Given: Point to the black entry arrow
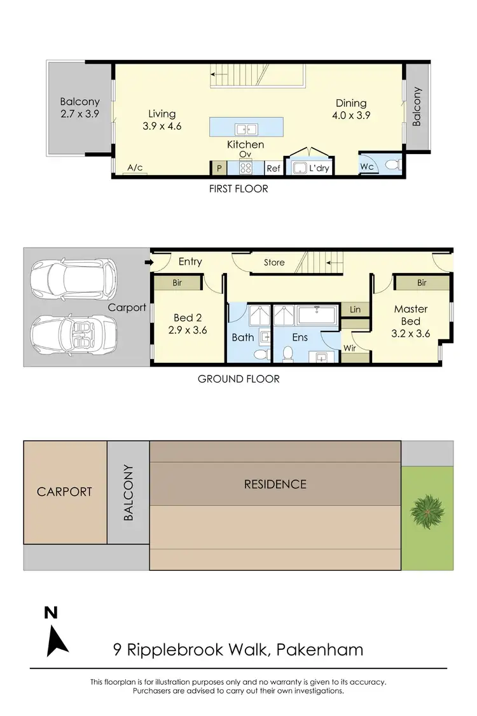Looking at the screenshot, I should click(148, 262).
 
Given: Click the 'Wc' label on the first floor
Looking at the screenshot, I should click(367, 167).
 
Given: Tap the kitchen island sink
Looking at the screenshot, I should click(245, 129).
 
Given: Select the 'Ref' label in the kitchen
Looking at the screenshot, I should click(273, 169).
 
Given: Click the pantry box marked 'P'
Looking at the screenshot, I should click(219, 169).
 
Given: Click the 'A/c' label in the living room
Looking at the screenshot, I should click(135, 167).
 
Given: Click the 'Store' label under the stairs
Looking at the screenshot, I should click(274, 262).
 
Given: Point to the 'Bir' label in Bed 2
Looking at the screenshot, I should click(177, 282).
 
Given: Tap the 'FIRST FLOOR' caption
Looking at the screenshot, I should click(238, 188).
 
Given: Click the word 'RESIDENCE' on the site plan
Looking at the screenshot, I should click(275, 484).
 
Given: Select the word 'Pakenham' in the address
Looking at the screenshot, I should click(321, 650).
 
